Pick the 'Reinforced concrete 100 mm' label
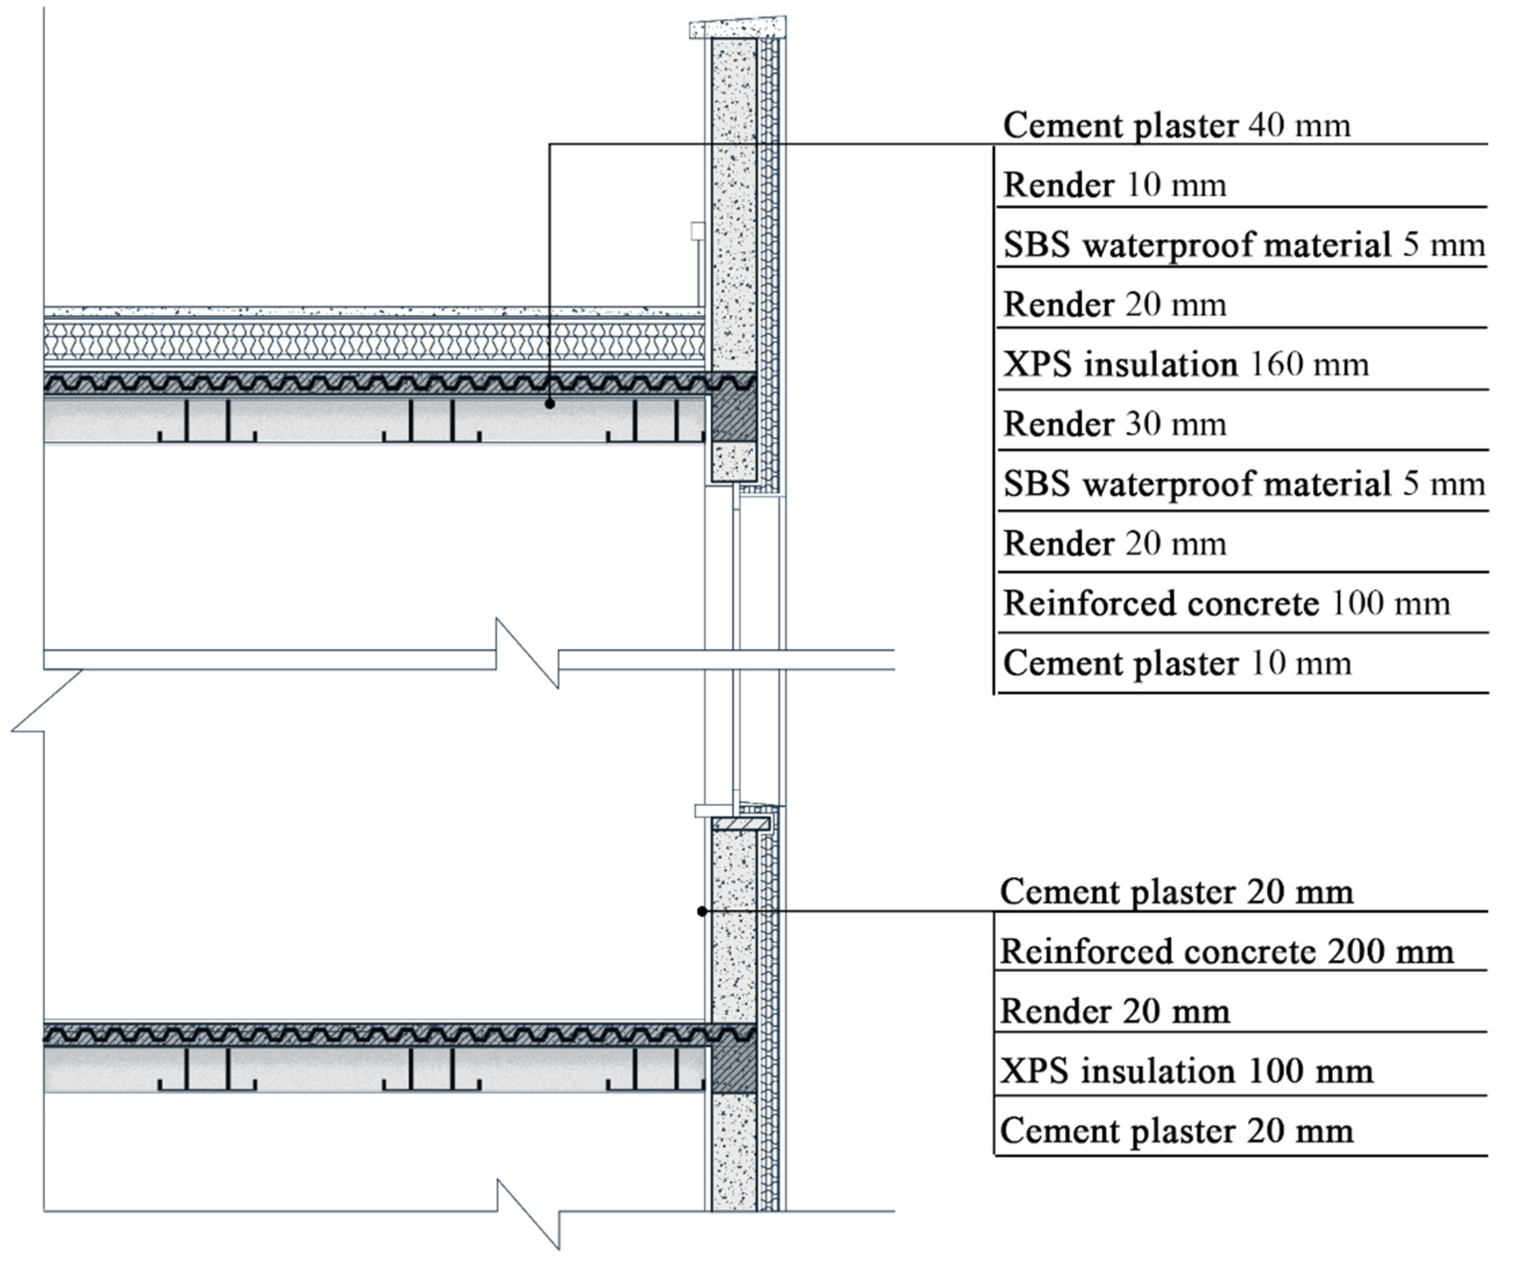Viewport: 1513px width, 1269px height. pyautogui.click(x=1226, y=604)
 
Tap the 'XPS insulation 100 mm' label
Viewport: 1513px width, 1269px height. pyautogui.click(x=1187, y=1071)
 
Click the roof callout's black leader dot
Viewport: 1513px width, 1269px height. pyautogui.click(x=550, y=404)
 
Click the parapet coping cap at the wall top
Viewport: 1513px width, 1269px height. pyautogui.click(x=738, y=27)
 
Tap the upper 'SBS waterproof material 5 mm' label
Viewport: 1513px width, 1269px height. pyautogui.click(x=1243, y=245)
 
